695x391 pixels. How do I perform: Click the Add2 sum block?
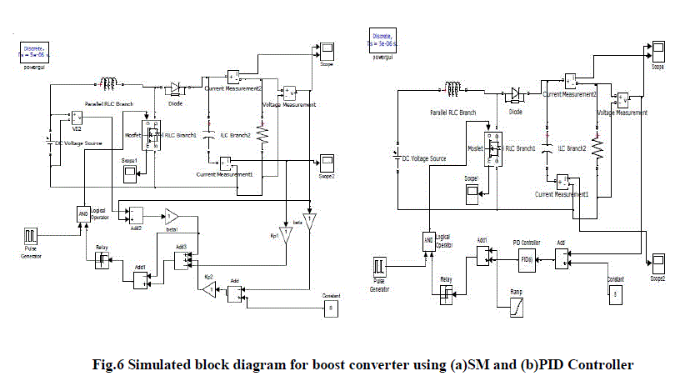click(x=137, y=214)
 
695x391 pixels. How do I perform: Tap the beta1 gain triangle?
click(x=170, y=215)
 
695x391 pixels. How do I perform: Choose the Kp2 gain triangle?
click(x=207, y=288)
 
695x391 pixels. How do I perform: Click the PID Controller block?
click(x=527, y=259)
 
